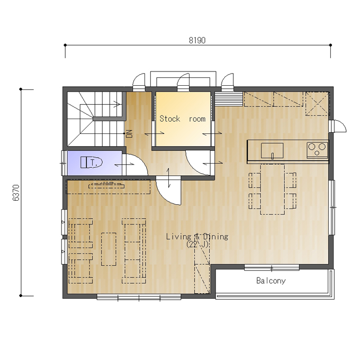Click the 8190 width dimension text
[197, 40]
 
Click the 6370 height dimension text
[16, 193]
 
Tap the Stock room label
[183, 119]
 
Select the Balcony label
[271, 281]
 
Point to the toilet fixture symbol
[92, 163]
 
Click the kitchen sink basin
[272, 150]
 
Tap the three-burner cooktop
[317, 150]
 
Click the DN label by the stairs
[130, 133]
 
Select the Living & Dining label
[197, 237]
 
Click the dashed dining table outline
[272, 190]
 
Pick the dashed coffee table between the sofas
[109, 249]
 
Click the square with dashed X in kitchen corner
[317, 103]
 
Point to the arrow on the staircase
[116, 104]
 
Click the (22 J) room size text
[197, 245]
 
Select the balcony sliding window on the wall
[272, 267]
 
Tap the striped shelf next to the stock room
[229, 99]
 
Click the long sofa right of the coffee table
[134, 251]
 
